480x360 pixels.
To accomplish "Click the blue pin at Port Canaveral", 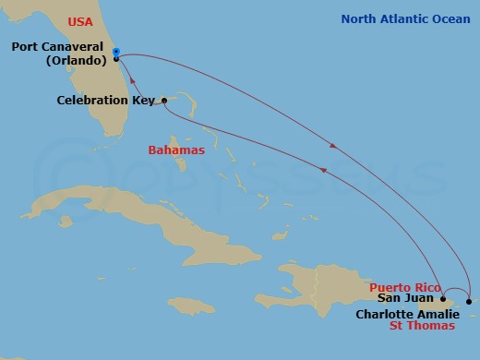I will click(115, 53).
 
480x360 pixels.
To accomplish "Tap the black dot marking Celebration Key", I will click(162, 100).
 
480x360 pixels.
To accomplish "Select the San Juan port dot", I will click(444, 299).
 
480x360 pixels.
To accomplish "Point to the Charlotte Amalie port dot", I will click(469, 301).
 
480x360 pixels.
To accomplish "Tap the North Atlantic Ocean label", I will click(405, 18).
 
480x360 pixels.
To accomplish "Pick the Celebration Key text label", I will click(104, 100).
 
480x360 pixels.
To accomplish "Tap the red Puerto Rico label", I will click(403, 288).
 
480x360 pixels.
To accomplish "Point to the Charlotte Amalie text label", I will click(407, 314).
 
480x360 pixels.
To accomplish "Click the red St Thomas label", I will click(422, 326).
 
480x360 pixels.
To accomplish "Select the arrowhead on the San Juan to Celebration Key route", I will click(322, 169).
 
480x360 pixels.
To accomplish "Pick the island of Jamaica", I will click(191, 304).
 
